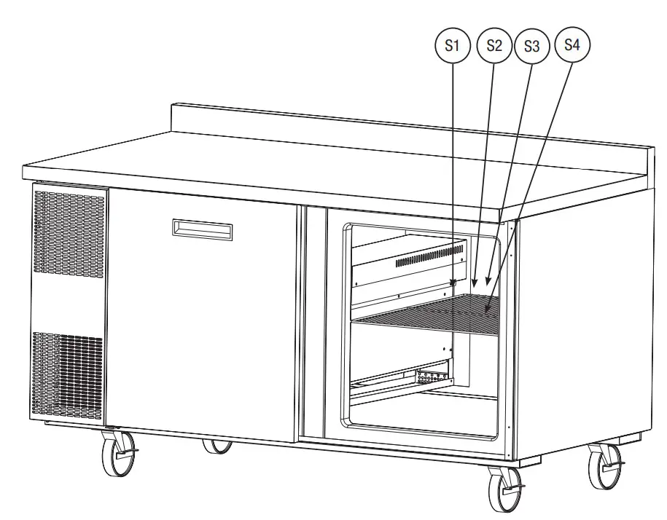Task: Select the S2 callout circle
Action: coord(494,45)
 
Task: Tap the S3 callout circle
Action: coord(531,46)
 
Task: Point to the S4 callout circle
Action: coord(572,44)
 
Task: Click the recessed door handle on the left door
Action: coord(203,229)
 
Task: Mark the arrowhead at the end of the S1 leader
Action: coord(453,283)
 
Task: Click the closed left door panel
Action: coord(200,313)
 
